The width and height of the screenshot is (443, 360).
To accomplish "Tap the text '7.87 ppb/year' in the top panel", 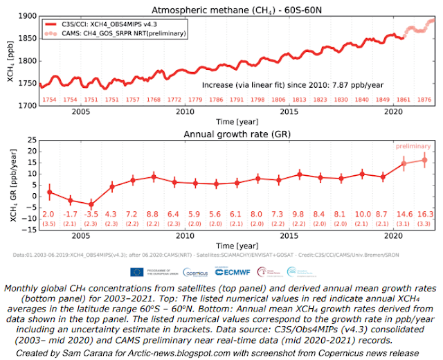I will pyautogui.click(x=352, y=84).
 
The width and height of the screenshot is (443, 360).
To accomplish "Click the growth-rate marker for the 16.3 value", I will pyautogui.click(x=424, y=159).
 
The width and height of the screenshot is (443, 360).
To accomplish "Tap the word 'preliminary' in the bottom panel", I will pyautogui.click(x=414, y=147).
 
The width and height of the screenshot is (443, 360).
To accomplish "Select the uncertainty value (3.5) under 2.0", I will pyautogui.click(x=48, y=224).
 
